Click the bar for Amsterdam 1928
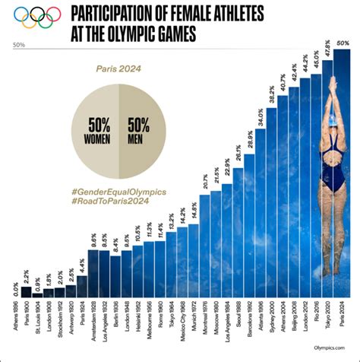point(94,274)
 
